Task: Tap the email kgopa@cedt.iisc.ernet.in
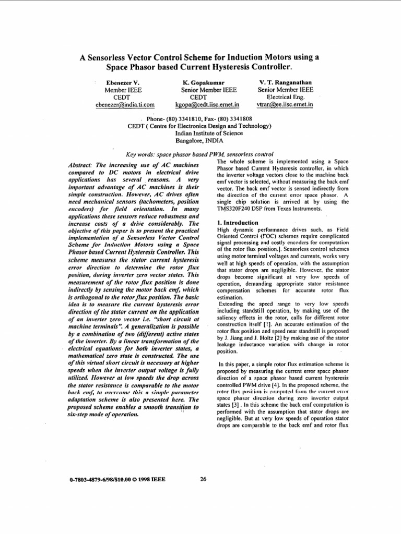(x=203, y=104)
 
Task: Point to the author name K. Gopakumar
(x=203, y=82)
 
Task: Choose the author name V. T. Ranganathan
(x=286, y=82)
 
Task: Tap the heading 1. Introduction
(x=237, y=223)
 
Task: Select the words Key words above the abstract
(x=141, y=154)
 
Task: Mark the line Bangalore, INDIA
(x=200, y=140)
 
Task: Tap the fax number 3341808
(x=238, y=118)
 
